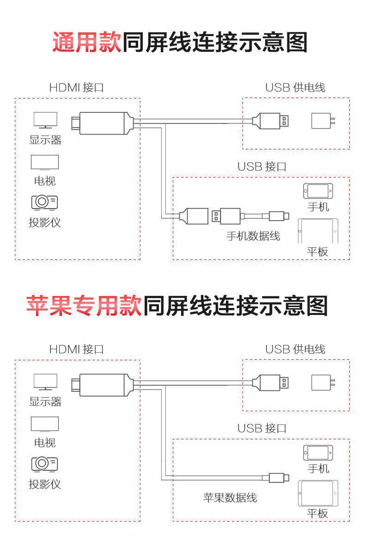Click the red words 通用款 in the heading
point(87,43)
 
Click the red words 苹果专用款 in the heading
point(84,306)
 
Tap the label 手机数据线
point(253,236)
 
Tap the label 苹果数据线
point(230,498)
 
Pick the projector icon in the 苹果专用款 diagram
point(45,463)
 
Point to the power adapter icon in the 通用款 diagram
point(322,121)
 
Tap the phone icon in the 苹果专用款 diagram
point(318,452)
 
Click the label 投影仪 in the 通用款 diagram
point(45,222)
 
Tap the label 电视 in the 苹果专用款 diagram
point(45,443)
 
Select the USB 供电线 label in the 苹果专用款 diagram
point(295,349)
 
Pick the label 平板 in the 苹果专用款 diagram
point(318,513)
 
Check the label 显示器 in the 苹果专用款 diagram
point(45,402)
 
